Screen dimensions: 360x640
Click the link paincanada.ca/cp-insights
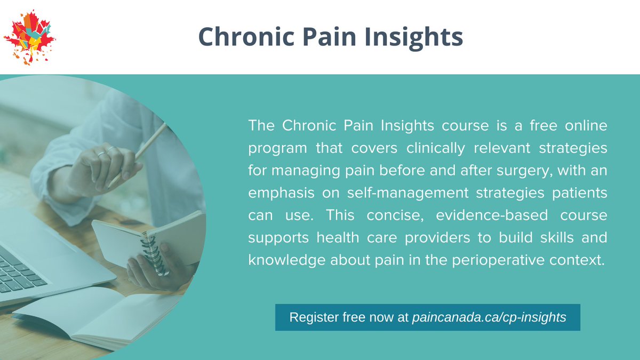click(x=489, y=317)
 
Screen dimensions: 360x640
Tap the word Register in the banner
click(x=311, y=317)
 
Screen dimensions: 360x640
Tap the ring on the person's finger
click(x=102, y=154)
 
